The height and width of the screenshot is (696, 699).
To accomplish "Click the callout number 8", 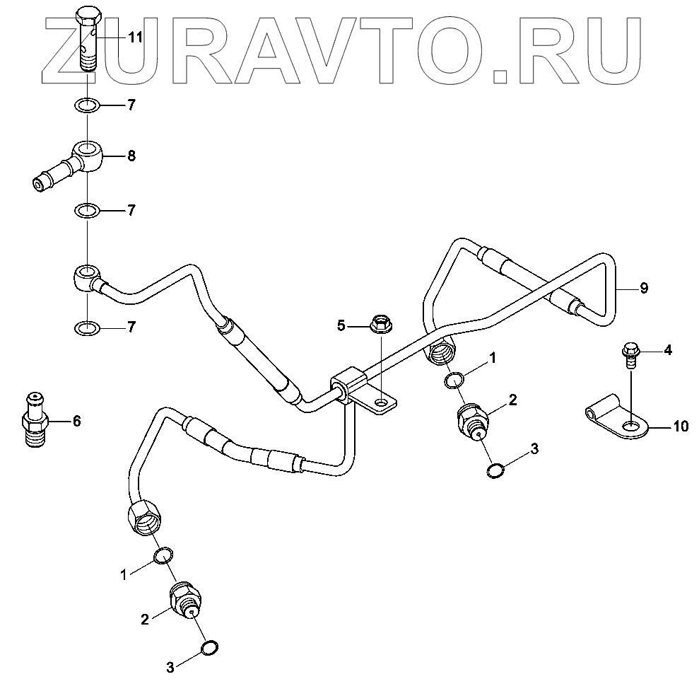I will pyautogui.click(x=131, y=156).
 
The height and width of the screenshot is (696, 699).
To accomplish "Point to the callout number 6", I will pyautogui.click(x=76, y=422).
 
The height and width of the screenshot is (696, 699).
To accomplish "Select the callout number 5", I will pyautogui.click(x=341, y=325).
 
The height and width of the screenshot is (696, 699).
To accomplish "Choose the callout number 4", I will pyautogui.click(x=667, y=351).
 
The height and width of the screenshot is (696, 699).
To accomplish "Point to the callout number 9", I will pyautogui.click(x=643, y=289).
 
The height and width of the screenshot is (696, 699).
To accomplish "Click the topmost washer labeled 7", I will pyautogui.click(x=86, y=107).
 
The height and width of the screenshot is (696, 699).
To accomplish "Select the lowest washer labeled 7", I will pyautogui.click(x=86, y=328).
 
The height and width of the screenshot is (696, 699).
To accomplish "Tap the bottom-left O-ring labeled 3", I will pyautogui.click(x=210, y=648).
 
